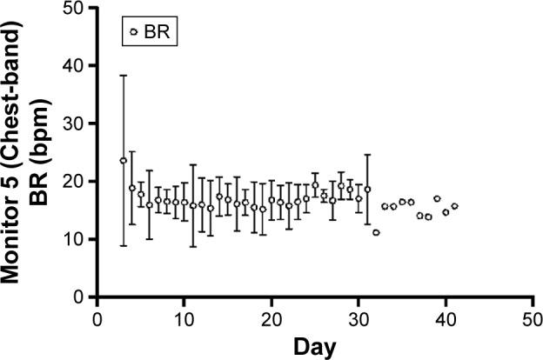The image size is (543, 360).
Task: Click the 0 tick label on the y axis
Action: [83, 297]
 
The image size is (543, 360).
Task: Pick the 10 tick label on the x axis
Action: [184, 318]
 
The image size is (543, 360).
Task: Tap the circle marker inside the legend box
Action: [133, 33]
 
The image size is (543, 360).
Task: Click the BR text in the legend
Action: [158, 33]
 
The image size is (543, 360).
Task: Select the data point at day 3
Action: [123, 161]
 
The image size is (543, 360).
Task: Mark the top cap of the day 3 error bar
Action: [123, 76]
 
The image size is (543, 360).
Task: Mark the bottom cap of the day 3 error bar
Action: [123, 245]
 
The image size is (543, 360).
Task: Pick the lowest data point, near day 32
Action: [376, 232]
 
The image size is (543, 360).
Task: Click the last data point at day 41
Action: [454, 206]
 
